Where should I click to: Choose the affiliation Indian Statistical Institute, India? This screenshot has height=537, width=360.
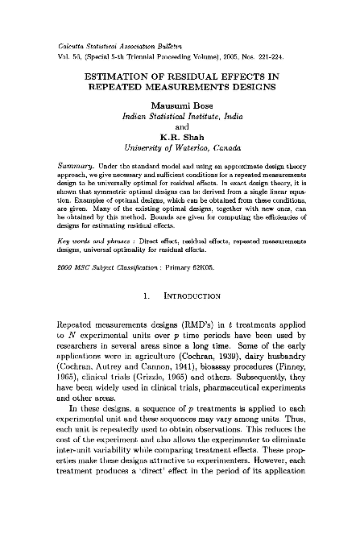[181, 124]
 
